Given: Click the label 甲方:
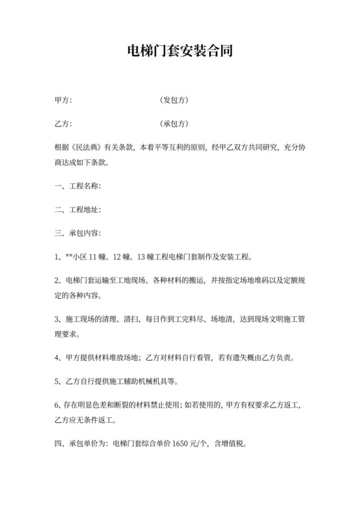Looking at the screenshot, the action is pyautogui.click(x=63, y=100).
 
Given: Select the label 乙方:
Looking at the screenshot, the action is pyautogui.click(x=63, y=123).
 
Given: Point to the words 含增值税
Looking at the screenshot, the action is pyautogui.click(x=229, y=443).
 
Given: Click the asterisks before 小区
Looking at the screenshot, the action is pyautogui.click(x=69, y=256).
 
